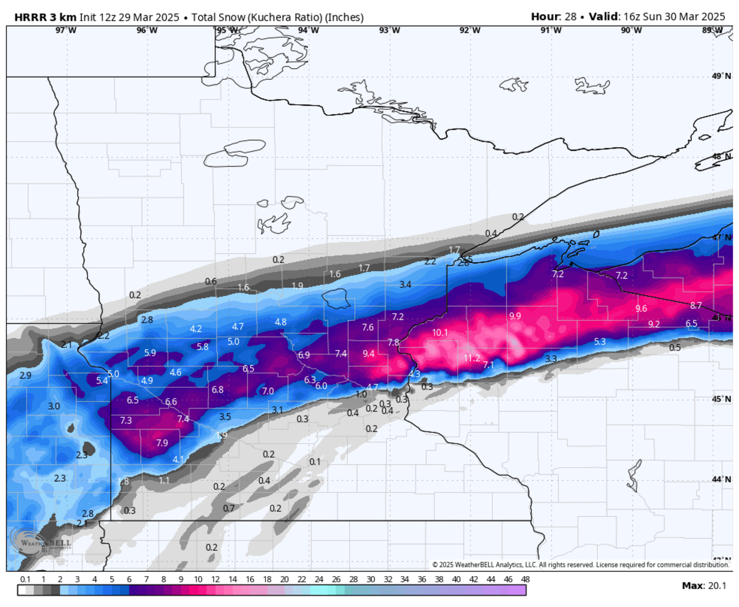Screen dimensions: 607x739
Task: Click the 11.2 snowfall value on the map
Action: click(471, 358)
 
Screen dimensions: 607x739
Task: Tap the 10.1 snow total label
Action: click(440, 333)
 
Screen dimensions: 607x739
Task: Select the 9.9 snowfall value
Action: click(515, 316)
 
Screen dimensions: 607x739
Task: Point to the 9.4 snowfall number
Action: click(368, 353)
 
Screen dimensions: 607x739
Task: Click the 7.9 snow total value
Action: click(162, 442)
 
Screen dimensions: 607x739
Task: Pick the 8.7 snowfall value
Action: click(696, 305)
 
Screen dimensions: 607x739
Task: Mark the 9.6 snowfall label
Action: click(641, 308)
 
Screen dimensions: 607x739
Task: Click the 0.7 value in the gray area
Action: click(228, 508)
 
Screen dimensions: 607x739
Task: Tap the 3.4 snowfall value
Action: click(405, 284)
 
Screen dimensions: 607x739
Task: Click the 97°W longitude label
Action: click(66, 30)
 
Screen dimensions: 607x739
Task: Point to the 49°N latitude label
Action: click(720, 76)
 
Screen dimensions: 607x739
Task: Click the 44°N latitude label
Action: click(720, 479)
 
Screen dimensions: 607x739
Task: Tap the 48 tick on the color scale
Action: click(525, 579)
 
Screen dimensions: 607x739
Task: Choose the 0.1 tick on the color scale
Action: click(25, 579)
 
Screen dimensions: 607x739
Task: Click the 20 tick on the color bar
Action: click(284, 579)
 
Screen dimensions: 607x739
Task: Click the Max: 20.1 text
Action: click(705, 585)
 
